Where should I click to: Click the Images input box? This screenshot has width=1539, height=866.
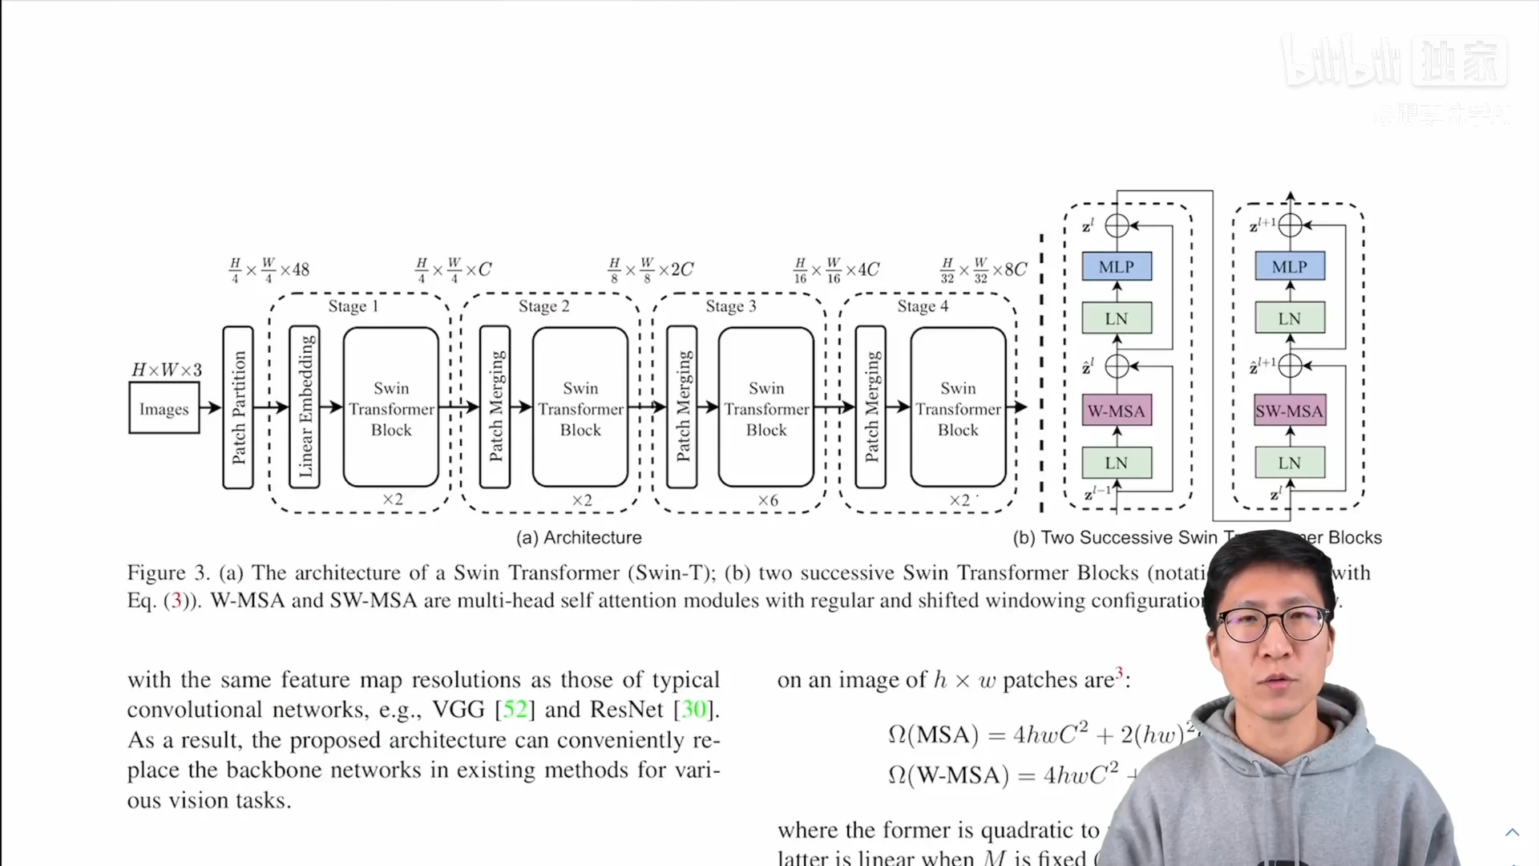click(x=164, y=408)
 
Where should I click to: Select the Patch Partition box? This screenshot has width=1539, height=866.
click(x=238, y=407)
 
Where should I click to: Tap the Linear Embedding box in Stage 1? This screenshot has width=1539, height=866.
click(x=305, y=407)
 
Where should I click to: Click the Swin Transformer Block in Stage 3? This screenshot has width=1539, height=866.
click(x=766, y=407)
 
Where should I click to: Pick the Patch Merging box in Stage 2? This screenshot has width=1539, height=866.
click(x=495, y=407)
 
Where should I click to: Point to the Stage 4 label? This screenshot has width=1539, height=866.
click(x=923, y=306)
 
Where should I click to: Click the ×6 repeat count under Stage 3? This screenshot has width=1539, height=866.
click(x=768, y=500)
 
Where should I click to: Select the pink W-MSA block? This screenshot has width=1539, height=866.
click(x=1117, y=411)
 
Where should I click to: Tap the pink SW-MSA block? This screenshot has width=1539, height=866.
click(x=1289, y=411)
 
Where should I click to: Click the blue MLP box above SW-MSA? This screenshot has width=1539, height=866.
click(x=1289, y=266)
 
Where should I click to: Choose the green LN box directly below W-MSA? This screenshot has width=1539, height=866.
click(x=1117, y=463)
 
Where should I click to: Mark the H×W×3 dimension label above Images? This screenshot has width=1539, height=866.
click(x=167, y=370)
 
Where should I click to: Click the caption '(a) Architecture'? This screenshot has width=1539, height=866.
click(x=579, y=537)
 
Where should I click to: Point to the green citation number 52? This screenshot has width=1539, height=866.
click(x=515, y=710)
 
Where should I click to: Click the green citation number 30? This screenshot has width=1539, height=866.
click(x=693, y=710)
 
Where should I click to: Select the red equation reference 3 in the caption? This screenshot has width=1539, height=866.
click(x=176, y=601)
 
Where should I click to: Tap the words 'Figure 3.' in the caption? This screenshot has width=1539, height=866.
click(x=168, y=573)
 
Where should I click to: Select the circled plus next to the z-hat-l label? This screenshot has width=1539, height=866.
click(x=1117, y=366)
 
